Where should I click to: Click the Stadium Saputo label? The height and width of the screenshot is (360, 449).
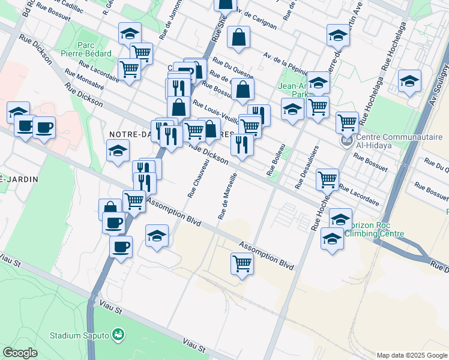(x=80, y=335)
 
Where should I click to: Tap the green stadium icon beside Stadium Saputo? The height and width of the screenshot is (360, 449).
(x=118, y=334)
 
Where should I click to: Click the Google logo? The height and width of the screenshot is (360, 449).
(x=20, y=353)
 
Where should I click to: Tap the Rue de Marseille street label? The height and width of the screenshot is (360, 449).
(x=228, y=196)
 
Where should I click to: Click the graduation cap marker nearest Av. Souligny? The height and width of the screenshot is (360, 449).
(x=409, y=80)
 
